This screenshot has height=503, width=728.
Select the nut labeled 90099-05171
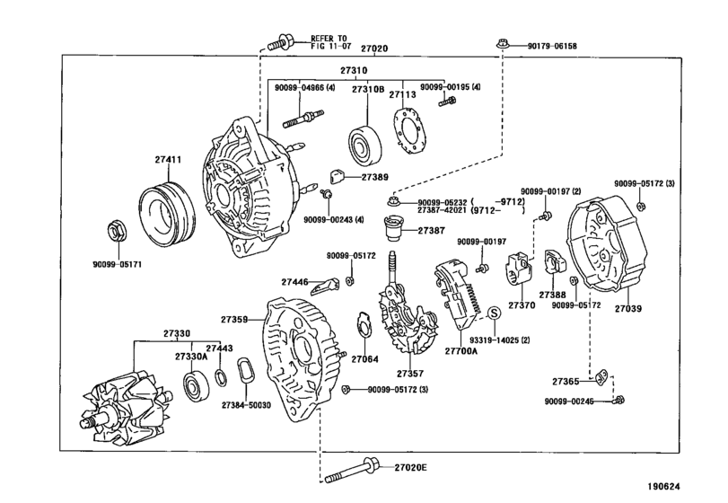tap(117, 231)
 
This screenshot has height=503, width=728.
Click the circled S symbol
tap(493, 313)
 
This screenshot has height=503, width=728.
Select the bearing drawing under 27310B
tap(366, 140)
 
